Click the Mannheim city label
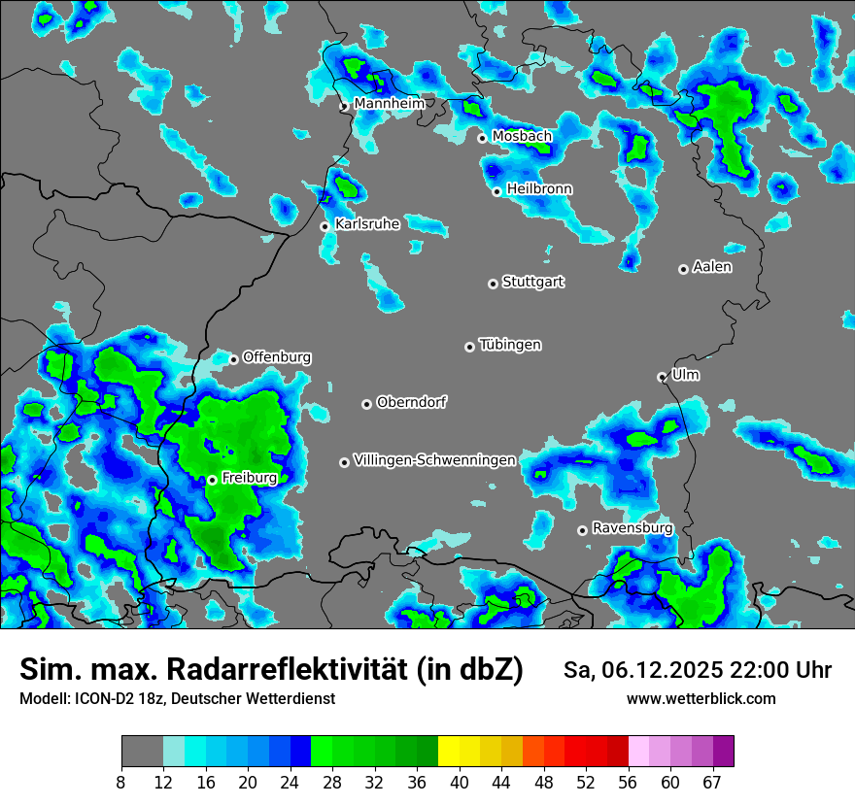click(390, 104)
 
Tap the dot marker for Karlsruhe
click(325, 226)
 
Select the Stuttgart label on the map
click(532, 283)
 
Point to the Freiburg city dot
click(212, 480)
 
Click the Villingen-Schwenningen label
click(434, 460)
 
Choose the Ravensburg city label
click(632, 528)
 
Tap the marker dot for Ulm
click(662, 377)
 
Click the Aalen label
click(712, 267)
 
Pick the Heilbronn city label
click(539, 189)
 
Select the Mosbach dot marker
click(482, 138)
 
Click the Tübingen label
click(510, 346)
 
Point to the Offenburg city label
click(277, 357)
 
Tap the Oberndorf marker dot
click(366, 404)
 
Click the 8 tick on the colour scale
click(121, 783)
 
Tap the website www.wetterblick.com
click(701, 698)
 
